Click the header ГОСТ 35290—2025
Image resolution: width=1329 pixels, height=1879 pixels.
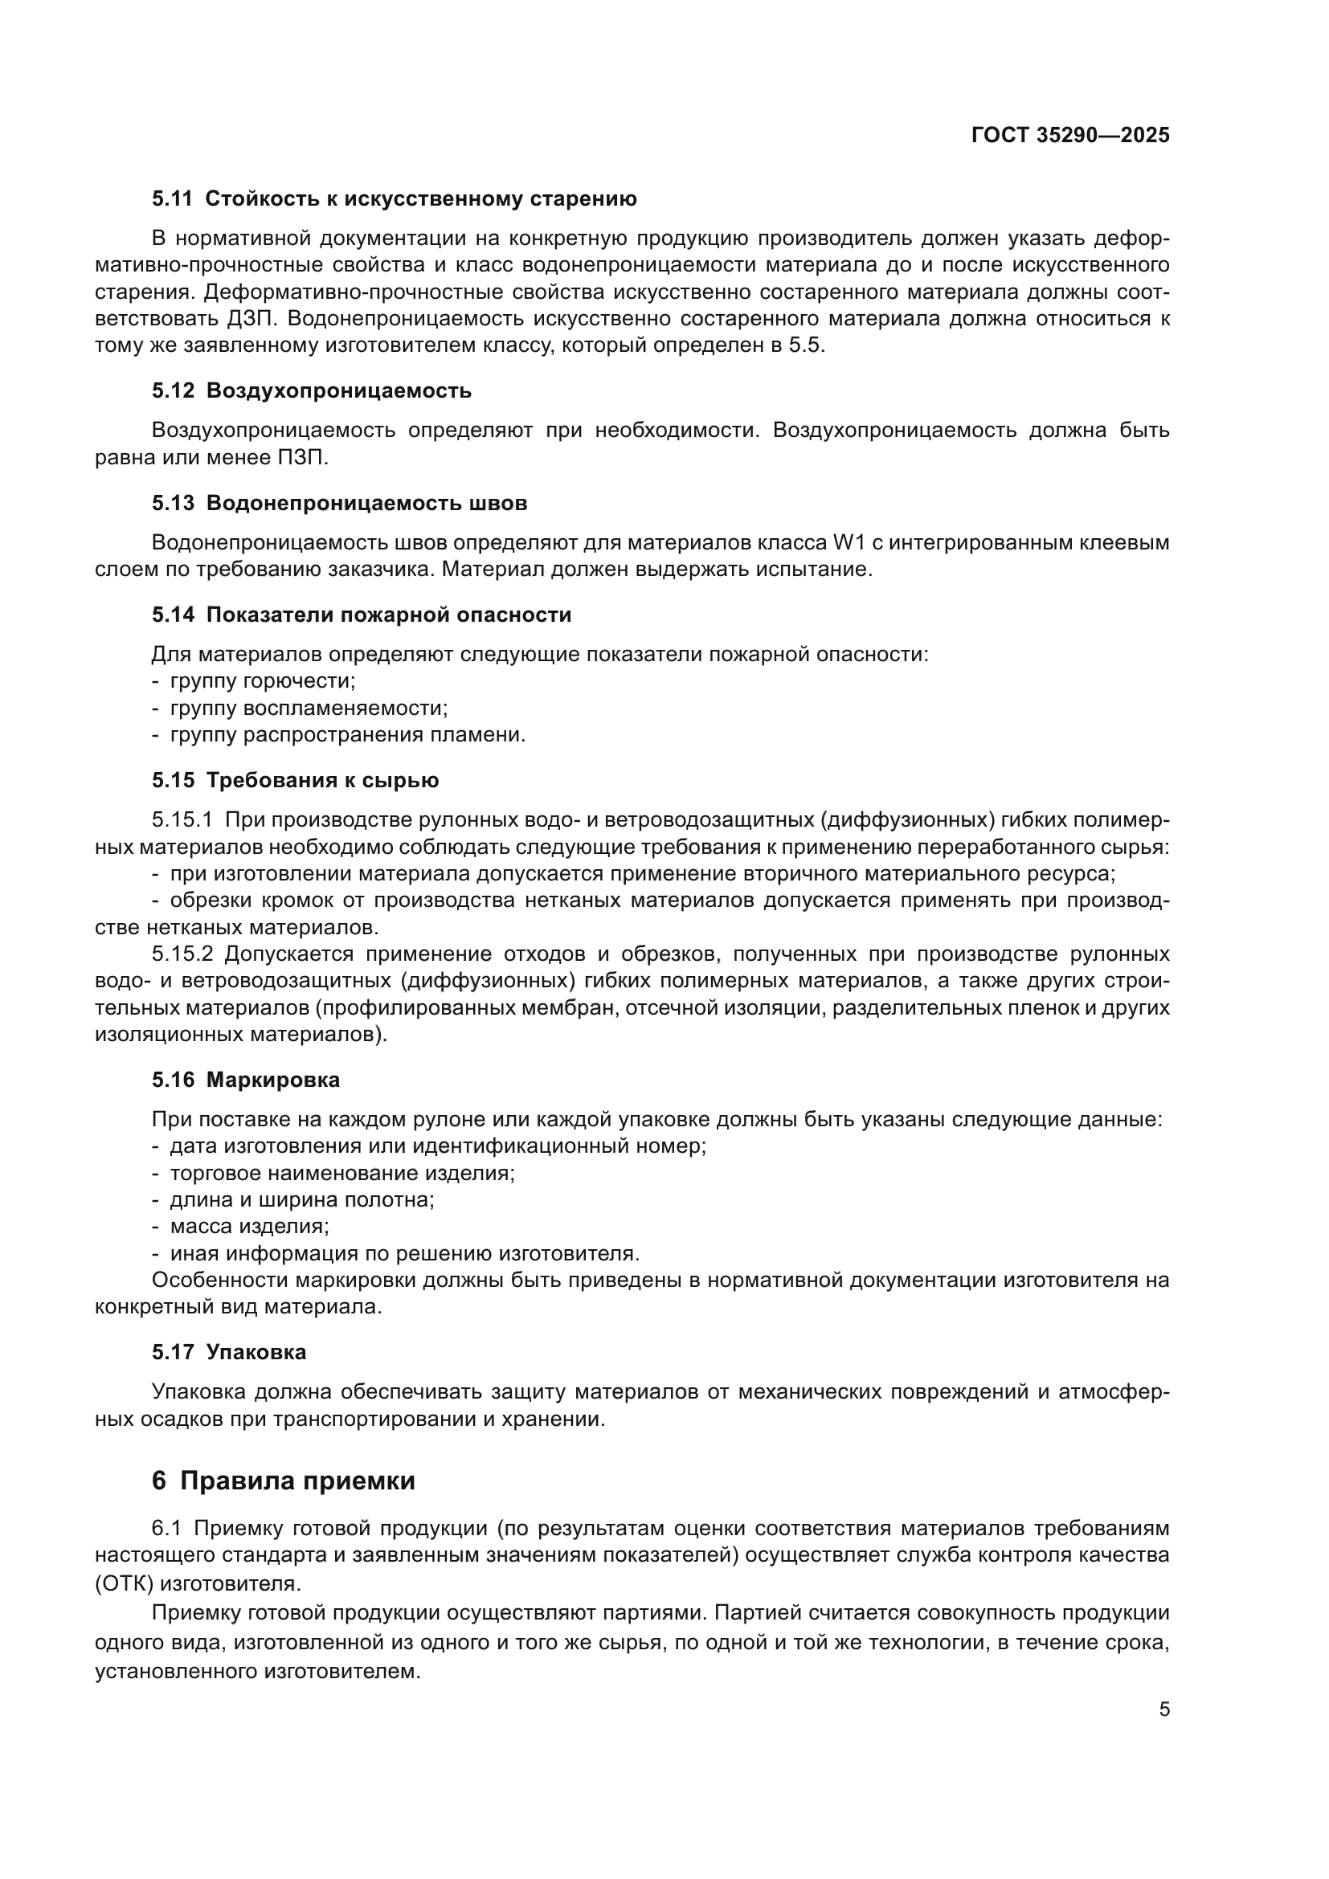[x=1070, y=136]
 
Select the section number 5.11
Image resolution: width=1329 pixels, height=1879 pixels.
[x=172, y=199]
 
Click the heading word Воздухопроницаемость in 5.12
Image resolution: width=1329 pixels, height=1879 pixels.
[x=339, y=391]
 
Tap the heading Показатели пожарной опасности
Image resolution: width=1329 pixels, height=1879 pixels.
[x=389, y=615]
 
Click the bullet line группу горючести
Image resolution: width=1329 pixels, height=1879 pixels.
[x=262, y=681]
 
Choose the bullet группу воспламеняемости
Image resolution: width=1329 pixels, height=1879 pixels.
[x=309, y=708]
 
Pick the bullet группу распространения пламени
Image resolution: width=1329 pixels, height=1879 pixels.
[x=347, y=735]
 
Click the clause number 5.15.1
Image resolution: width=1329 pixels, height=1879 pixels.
[x=182, y=820]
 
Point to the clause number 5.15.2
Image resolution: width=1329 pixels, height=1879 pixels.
[x=182, y=954]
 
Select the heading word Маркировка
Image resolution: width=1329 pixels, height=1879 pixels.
[x=272, y=1080]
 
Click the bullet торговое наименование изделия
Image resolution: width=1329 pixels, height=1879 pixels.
[x=342, y=1173]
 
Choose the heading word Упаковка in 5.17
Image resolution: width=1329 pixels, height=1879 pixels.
[x=256, y=1352]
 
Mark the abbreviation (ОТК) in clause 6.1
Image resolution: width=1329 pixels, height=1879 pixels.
[x=124, y=1583]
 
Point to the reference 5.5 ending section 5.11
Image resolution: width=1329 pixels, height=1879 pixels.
[x=805, y=345]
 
